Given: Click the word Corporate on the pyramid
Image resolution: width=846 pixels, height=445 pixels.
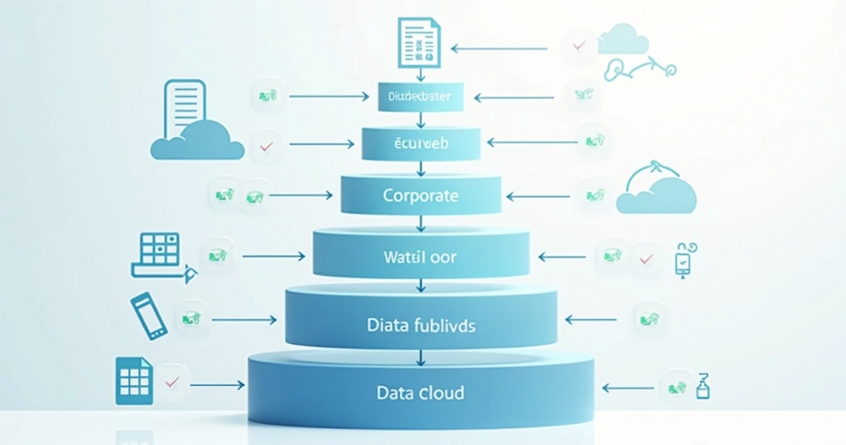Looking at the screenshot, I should click(420, 195).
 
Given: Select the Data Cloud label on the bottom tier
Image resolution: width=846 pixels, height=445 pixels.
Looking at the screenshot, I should click(420, 393).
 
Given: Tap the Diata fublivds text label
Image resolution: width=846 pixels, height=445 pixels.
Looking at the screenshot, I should click(420, 325).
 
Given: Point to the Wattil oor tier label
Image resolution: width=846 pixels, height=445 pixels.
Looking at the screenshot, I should click(420, 257).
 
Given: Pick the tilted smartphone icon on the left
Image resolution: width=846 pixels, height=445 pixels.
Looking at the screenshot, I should click(149, 316).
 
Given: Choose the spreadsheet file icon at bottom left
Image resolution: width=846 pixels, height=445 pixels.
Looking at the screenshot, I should click(134, 381).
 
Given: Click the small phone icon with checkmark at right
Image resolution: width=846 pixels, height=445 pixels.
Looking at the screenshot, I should click(683, 260).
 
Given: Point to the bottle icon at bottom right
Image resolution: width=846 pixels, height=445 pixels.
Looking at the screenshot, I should click(702, 385).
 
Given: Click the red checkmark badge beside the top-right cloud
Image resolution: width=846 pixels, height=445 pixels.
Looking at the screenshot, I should click(578, 46).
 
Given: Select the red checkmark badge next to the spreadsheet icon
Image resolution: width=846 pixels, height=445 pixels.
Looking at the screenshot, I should click(172, 382).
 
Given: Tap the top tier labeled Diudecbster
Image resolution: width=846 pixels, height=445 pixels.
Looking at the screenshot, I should click(420, 97).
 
